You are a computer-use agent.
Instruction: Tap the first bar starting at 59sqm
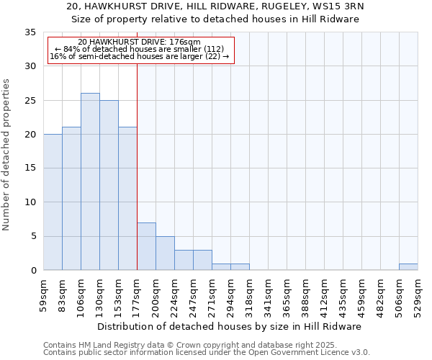click(53, 202)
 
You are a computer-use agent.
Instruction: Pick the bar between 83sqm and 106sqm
click(71, 199)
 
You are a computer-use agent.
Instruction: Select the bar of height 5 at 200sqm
click(165, 253)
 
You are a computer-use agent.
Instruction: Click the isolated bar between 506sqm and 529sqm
click(408, 267)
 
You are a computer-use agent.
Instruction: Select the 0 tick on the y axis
click(33, 271)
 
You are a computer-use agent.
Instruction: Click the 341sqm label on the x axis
click(268, 295)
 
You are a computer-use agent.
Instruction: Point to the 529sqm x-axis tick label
click(418, 295)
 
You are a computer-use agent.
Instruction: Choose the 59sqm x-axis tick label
click(43, 295)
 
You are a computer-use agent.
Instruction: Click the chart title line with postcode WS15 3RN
click(215, 6)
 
